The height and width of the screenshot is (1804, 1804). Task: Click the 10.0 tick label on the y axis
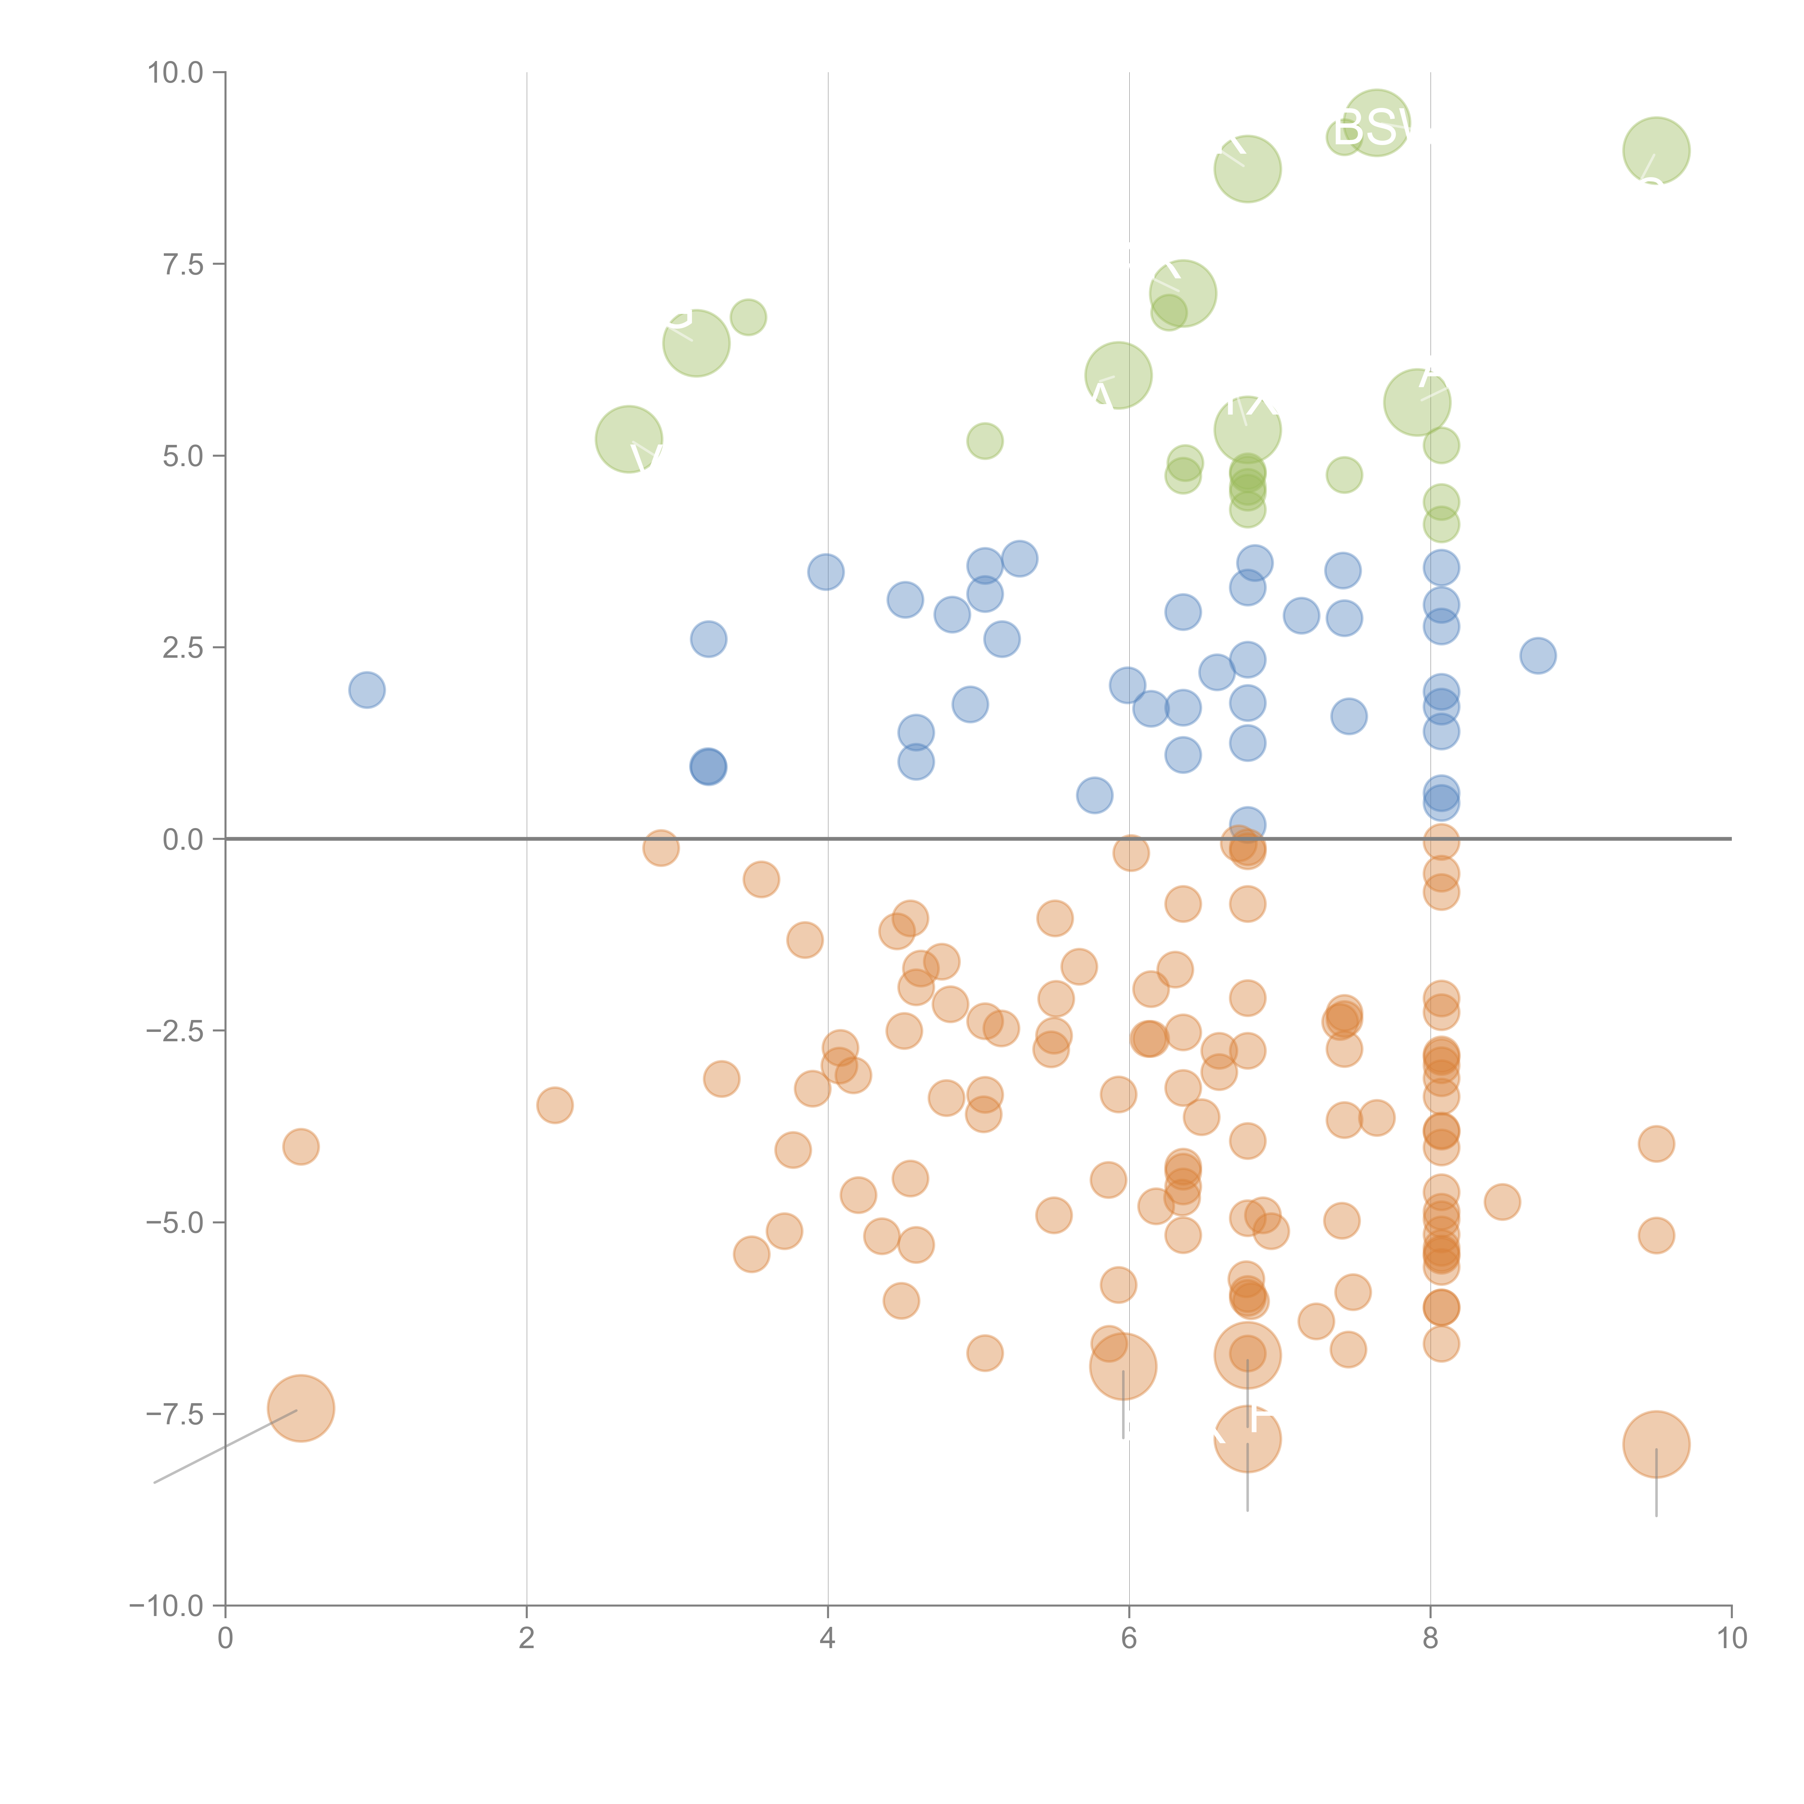point(176,73)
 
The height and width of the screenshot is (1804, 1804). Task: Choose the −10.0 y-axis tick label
point(166,1606)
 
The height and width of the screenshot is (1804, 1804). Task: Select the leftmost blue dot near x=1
point(367,690)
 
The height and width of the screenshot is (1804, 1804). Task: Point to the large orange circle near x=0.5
point(301,1408)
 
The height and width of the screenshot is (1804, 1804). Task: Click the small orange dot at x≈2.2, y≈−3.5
point(555,1105)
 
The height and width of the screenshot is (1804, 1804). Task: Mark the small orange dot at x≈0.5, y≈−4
point(301,1147)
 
